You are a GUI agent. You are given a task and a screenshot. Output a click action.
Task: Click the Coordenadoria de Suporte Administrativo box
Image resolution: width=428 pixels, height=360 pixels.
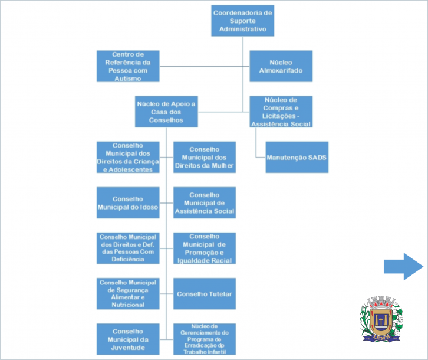[243, 21]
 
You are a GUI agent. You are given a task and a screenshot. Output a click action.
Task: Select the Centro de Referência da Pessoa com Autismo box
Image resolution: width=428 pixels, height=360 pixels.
[128, 66]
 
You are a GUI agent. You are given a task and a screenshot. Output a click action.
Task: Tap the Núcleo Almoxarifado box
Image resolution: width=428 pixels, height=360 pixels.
[281, 66]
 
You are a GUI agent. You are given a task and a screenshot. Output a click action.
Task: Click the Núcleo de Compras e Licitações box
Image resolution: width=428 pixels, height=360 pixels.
[281, 112]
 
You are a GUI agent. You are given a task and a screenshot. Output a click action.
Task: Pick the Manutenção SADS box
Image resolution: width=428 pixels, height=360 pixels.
[297, 158]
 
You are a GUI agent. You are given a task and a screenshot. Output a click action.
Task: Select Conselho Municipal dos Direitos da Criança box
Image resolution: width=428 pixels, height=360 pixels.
[128, 157]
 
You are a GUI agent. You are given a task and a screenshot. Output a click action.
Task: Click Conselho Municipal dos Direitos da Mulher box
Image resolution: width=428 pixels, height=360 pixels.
[205, 157]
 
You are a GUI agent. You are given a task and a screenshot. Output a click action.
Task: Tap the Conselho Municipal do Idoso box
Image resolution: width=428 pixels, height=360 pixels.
[128, 203]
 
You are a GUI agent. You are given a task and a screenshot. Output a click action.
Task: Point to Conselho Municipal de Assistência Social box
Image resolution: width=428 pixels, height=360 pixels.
[205, 203]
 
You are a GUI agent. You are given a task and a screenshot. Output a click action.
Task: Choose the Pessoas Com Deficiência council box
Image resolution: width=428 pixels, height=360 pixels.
[128, 248]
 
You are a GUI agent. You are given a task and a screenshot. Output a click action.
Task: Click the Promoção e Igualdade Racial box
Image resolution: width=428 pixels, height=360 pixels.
[205, 248]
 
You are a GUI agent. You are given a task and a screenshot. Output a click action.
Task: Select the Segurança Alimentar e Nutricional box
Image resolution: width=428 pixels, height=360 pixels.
[128, 293]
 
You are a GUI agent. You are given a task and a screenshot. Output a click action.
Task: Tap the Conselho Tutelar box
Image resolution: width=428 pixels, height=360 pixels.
[205, 293]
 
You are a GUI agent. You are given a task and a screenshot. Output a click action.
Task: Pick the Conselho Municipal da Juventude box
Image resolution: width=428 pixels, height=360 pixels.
[128, 339]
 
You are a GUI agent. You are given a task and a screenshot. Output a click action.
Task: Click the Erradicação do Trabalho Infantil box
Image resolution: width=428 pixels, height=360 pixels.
[205, 339]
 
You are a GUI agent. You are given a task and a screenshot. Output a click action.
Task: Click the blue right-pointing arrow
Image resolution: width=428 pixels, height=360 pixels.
[403, 266]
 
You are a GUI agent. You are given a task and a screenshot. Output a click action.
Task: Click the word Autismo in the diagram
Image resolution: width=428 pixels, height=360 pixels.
[128, 78]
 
